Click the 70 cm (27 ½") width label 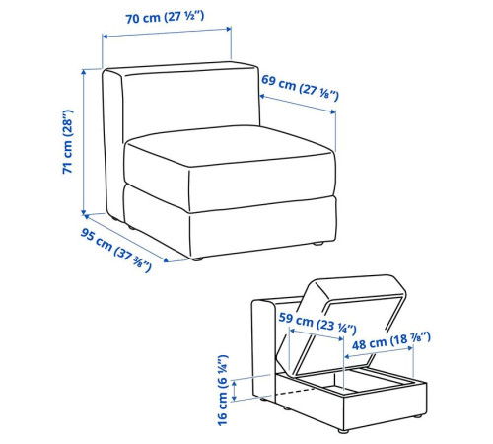[165, 17]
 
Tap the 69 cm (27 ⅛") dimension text [300, 87]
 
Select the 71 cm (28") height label [68, 142]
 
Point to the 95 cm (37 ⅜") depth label [115, 250]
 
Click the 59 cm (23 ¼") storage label [317, 323]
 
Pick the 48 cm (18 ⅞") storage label [391, 341]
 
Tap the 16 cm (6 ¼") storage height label [223, 391]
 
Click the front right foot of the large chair [317, 244]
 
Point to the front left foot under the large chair [197, 259]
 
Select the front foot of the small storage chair [343, 431]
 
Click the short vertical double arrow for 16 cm [234, 391]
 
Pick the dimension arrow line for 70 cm [167, 33]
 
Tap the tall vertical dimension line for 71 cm [84, 142]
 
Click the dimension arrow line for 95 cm [126, 238]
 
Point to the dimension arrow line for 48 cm [379, 352]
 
